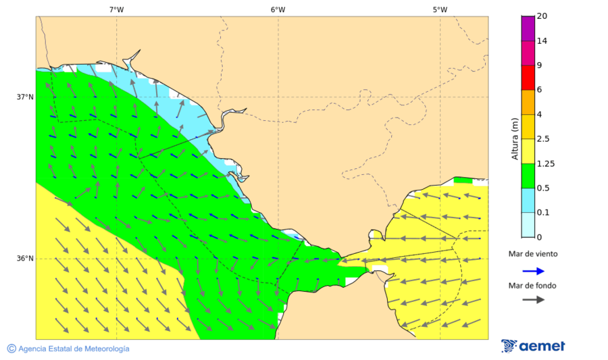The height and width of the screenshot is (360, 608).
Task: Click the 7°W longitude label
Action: [x=116, y=9]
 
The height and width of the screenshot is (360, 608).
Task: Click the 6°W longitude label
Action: [x=278, y=9]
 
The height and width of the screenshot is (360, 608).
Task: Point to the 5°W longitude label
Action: [x=440, y=9]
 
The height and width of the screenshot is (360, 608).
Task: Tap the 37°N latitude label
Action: [x=24, y=97]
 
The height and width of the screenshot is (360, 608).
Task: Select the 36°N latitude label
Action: [x=24, y=259]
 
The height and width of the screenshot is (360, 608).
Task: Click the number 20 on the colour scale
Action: [x=542, y=16]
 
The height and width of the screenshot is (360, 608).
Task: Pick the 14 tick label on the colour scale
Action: [x=542, y=41]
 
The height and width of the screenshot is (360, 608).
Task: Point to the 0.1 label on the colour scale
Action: [x=543, y=213]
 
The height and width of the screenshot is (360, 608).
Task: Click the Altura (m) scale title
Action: [x=515, y=138]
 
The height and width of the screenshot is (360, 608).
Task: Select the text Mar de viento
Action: [x=533, y=254]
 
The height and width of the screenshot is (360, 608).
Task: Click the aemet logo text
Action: [x=542, y=346]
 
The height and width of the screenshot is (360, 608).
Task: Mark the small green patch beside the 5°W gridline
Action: [x=463, y=180]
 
